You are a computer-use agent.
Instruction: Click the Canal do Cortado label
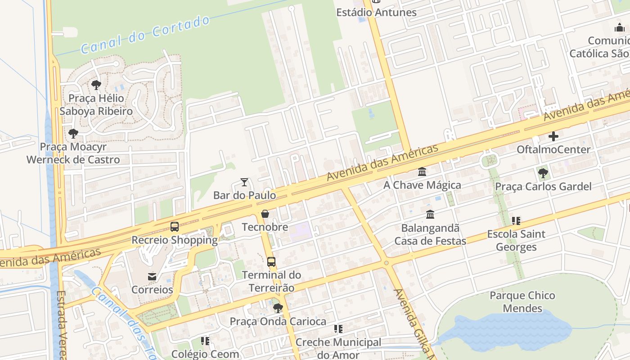(x=145, y=35)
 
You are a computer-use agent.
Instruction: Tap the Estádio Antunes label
(x=376, y=12)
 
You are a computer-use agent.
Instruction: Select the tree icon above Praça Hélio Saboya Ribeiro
(x=96, y=85)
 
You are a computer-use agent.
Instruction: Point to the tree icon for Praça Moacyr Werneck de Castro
(x=73, y=133)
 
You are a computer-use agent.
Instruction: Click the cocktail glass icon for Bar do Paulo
(x=244, y=182)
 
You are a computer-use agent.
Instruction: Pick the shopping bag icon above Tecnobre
(x=265, y=214)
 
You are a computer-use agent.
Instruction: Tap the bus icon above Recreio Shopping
(x=175, y=227)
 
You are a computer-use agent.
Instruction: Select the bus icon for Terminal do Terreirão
(x=271, y=261)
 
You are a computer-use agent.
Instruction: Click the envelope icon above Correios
(x=152, y=276)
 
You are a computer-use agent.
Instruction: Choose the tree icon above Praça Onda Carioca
(x=278, y=308)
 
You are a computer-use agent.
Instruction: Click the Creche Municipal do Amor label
(x=338, y=349)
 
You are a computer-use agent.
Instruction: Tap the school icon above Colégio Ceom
(x=205, y=341)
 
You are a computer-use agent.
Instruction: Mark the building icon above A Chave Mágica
(x=422, y=172)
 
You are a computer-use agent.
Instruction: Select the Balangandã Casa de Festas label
(x=430, y=234)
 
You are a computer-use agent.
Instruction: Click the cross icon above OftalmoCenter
(x=553, y=136)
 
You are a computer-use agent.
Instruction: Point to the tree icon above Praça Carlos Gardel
(x=543, y=173)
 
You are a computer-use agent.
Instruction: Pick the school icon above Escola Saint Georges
(x=516, y=220)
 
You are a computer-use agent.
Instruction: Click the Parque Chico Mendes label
(x=522, y=302)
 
